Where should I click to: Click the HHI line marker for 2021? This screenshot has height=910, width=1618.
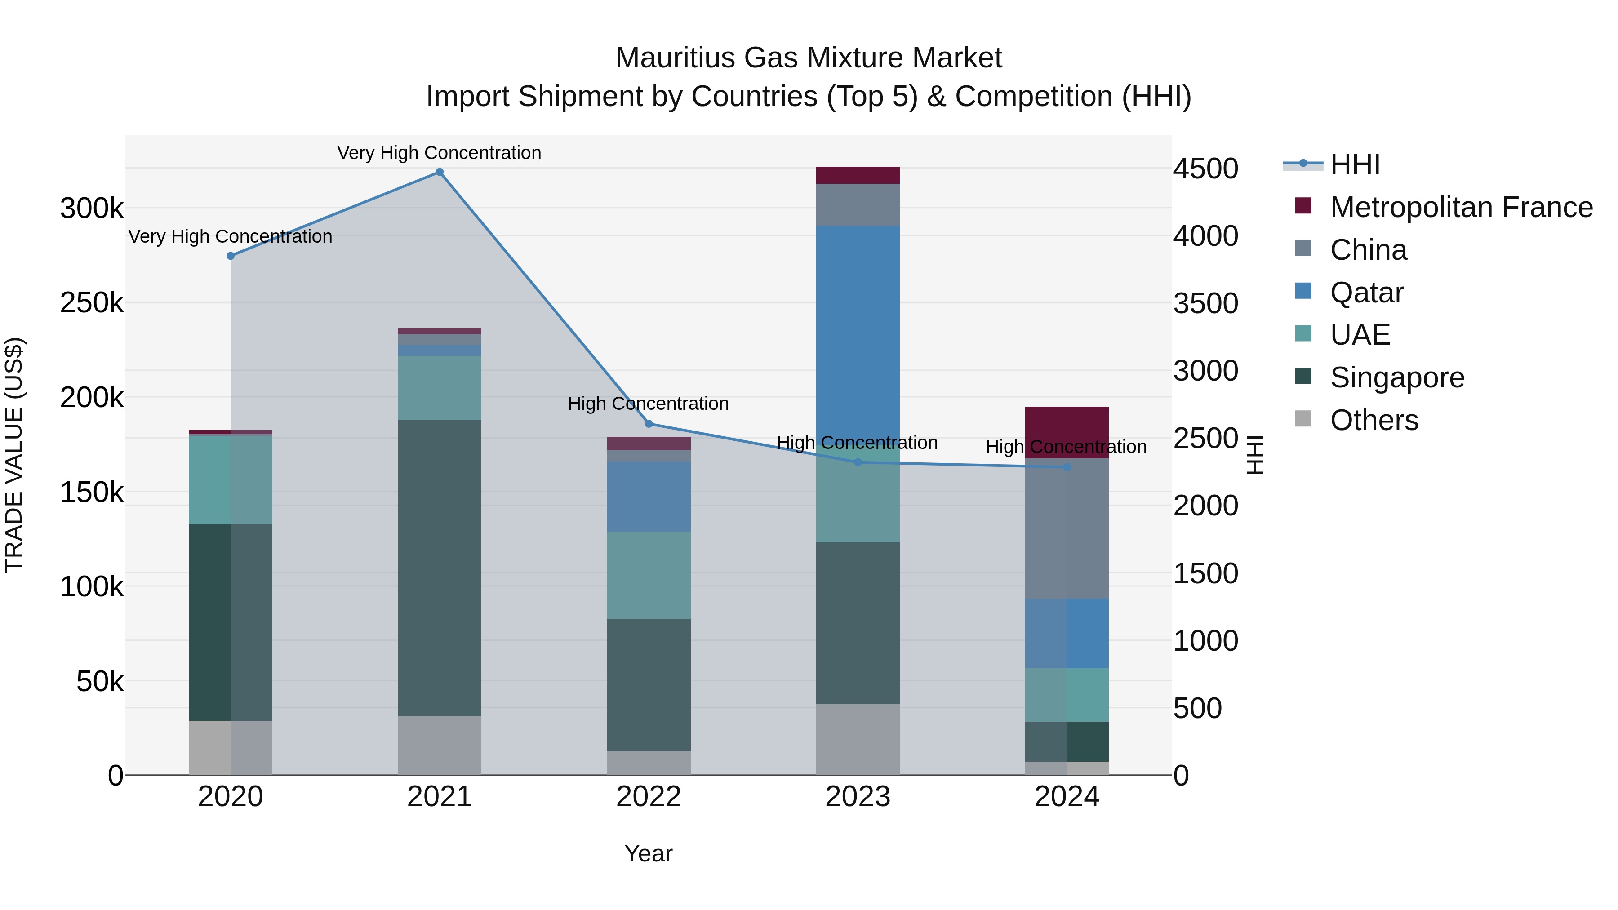coord(439,172)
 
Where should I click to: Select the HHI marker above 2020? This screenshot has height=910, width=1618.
coord(231,256)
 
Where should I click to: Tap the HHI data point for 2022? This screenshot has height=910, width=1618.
coord(649,424)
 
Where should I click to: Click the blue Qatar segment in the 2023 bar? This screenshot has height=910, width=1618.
coord(858,327)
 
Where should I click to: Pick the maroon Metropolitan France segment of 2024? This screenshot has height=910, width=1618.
coord(1067,432)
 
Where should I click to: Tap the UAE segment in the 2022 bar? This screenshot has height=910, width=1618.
coord(649,575)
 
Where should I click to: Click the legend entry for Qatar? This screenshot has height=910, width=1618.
coord(1366,293)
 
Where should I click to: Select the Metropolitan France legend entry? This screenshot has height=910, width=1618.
coord(1461,207)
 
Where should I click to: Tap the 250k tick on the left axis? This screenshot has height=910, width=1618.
coord(92,303)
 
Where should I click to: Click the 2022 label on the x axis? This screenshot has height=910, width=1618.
coord(649,797)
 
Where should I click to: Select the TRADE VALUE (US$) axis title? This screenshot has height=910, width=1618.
coord(14,455)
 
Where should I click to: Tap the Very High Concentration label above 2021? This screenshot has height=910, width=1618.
coord(439,153)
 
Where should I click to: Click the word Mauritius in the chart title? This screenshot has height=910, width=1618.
coord(675,58)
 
